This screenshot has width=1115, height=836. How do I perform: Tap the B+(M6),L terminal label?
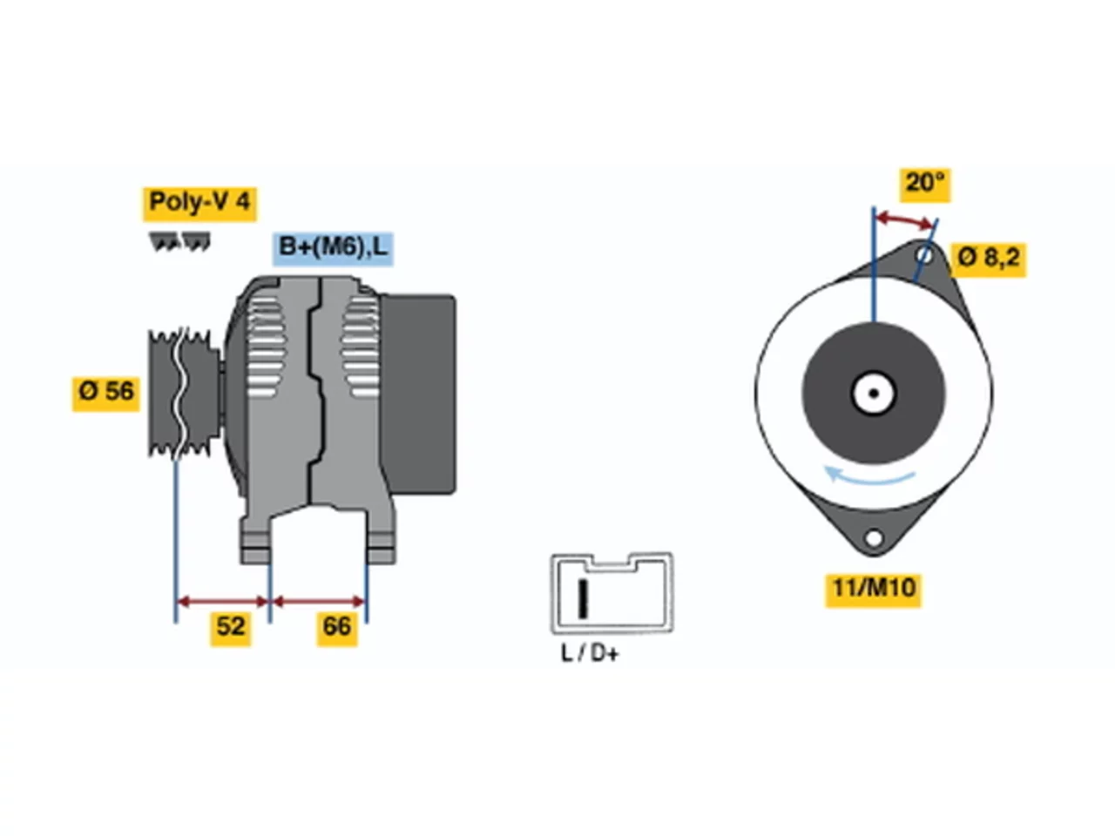332,248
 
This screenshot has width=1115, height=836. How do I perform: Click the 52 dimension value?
231,626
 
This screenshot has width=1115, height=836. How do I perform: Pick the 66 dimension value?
337,626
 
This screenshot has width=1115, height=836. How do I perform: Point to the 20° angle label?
925,184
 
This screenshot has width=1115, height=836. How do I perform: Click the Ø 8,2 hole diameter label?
988,259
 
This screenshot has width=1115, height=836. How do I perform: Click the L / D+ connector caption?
590,653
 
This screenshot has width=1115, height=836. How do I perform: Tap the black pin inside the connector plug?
583,599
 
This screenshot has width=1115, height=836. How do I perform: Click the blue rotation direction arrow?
868,475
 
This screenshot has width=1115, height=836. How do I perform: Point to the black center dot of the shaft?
874,394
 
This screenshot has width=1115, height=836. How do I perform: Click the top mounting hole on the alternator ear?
925,255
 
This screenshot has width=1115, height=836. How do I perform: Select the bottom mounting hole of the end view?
873,537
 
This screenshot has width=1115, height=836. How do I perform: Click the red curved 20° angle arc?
906,219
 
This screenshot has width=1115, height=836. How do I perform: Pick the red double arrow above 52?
222,602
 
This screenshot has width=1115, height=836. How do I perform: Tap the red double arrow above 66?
319,602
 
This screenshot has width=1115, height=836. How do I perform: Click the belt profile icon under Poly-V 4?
179,241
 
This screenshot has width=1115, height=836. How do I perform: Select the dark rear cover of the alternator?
417,394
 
